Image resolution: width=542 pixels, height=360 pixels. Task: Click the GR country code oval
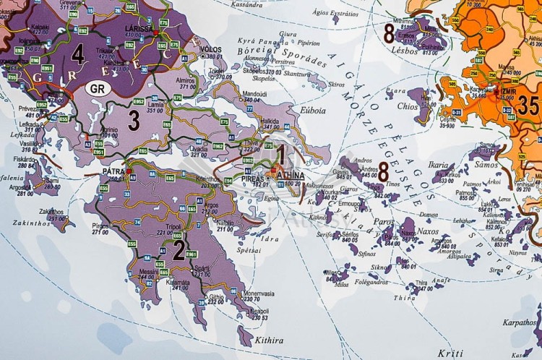pyautogui.click(x=98, y=89)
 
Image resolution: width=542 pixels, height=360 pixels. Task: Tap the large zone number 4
pyautogui.click(x=78, y=53)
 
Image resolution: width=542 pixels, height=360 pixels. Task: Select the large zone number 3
pyautogui.click(x=134, y=121)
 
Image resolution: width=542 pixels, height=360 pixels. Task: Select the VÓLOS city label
pyautogui.click(x=211, y=49)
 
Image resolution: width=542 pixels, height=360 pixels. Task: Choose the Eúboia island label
pyautogui.click(x=311, y=111)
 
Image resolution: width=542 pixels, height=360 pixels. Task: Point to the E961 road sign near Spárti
pyautogui.click(x=192, y=255)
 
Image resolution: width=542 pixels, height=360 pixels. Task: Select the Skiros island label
pyautogui.click(x=337, y=85)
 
